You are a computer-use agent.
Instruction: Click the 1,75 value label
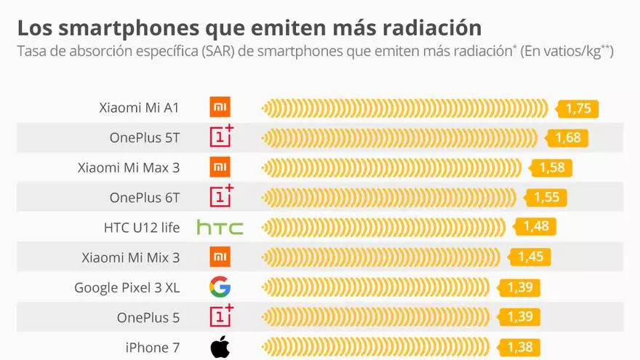click(x=578, y=109)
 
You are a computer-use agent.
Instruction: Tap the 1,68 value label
click(x=567, y=138)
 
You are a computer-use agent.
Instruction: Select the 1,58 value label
click(x=552, y=168)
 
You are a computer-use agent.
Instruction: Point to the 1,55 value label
click(x=546, y=198)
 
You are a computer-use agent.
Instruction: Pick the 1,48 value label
click(x=536, y=227)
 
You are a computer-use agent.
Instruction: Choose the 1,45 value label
click(x=531, y=257)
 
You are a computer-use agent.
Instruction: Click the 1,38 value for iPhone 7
click(x=520, y=347)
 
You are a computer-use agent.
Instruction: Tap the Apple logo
click(x=220, y=348)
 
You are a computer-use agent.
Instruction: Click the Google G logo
click(x=220, y=287)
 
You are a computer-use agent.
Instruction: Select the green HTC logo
click(x=220, y=228)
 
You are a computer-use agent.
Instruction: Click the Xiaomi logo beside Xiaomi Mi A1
click(x=220, y=108)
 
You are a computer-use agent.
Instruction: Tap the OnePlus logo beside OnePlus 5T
click(x=221, y=137)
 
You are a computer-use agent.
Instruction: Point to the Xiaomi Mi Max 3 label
click(x=128, y=168)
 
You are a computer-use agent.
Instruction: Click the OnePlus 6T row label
click(x=144, y=198)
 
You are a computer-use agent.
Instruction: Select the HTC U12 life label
click(x=141, y=228)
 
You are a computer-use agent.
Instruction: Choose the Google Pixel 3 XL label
click(x=127, y=287)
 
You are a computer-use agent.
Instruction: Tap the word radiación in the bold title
click(x=424, y=28)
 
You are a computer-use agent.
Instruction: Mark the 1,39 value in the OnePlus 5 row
click(x=520, y=317)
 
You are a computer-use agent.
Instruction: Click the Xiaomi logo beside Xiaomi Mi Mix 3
click(x=220, y=257)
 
